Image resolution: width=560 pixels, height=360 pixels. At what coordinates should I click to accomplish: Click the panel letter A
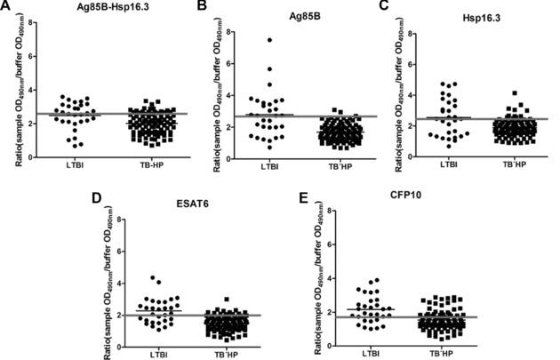[x=7, y=7]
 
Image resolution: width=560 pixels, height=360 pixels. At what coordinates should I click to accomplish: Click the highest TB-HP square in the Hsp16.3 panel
[x=513, y=92]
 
